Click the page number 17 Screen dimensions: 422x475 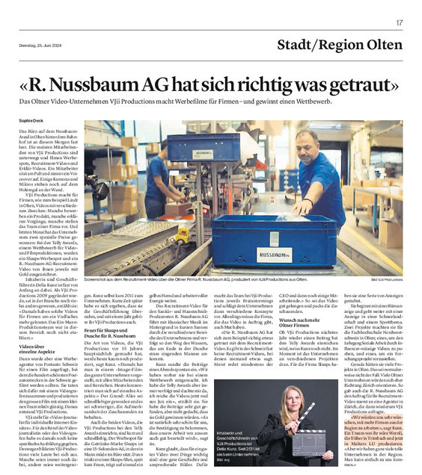[x=400, y=24]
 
